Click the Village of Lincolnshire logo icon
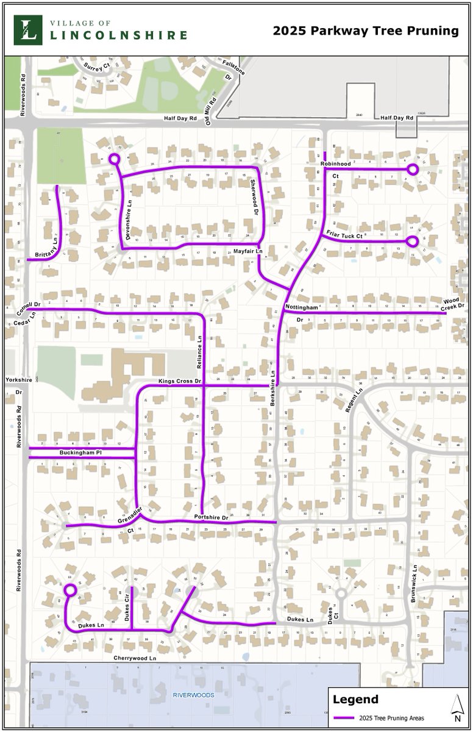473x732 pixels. coord(28,30)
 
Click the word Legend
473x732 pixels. coord(356,700)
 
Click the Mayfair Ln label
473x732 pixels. coord(247,251)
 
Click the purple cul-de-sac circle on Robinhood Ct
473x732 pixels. coord(413,169)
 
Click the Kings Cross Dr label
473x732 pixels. coord(180,381)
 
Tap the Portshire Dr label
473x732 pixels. coord(210,517)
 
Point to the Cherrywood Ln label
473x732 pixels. coord(135,659)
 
